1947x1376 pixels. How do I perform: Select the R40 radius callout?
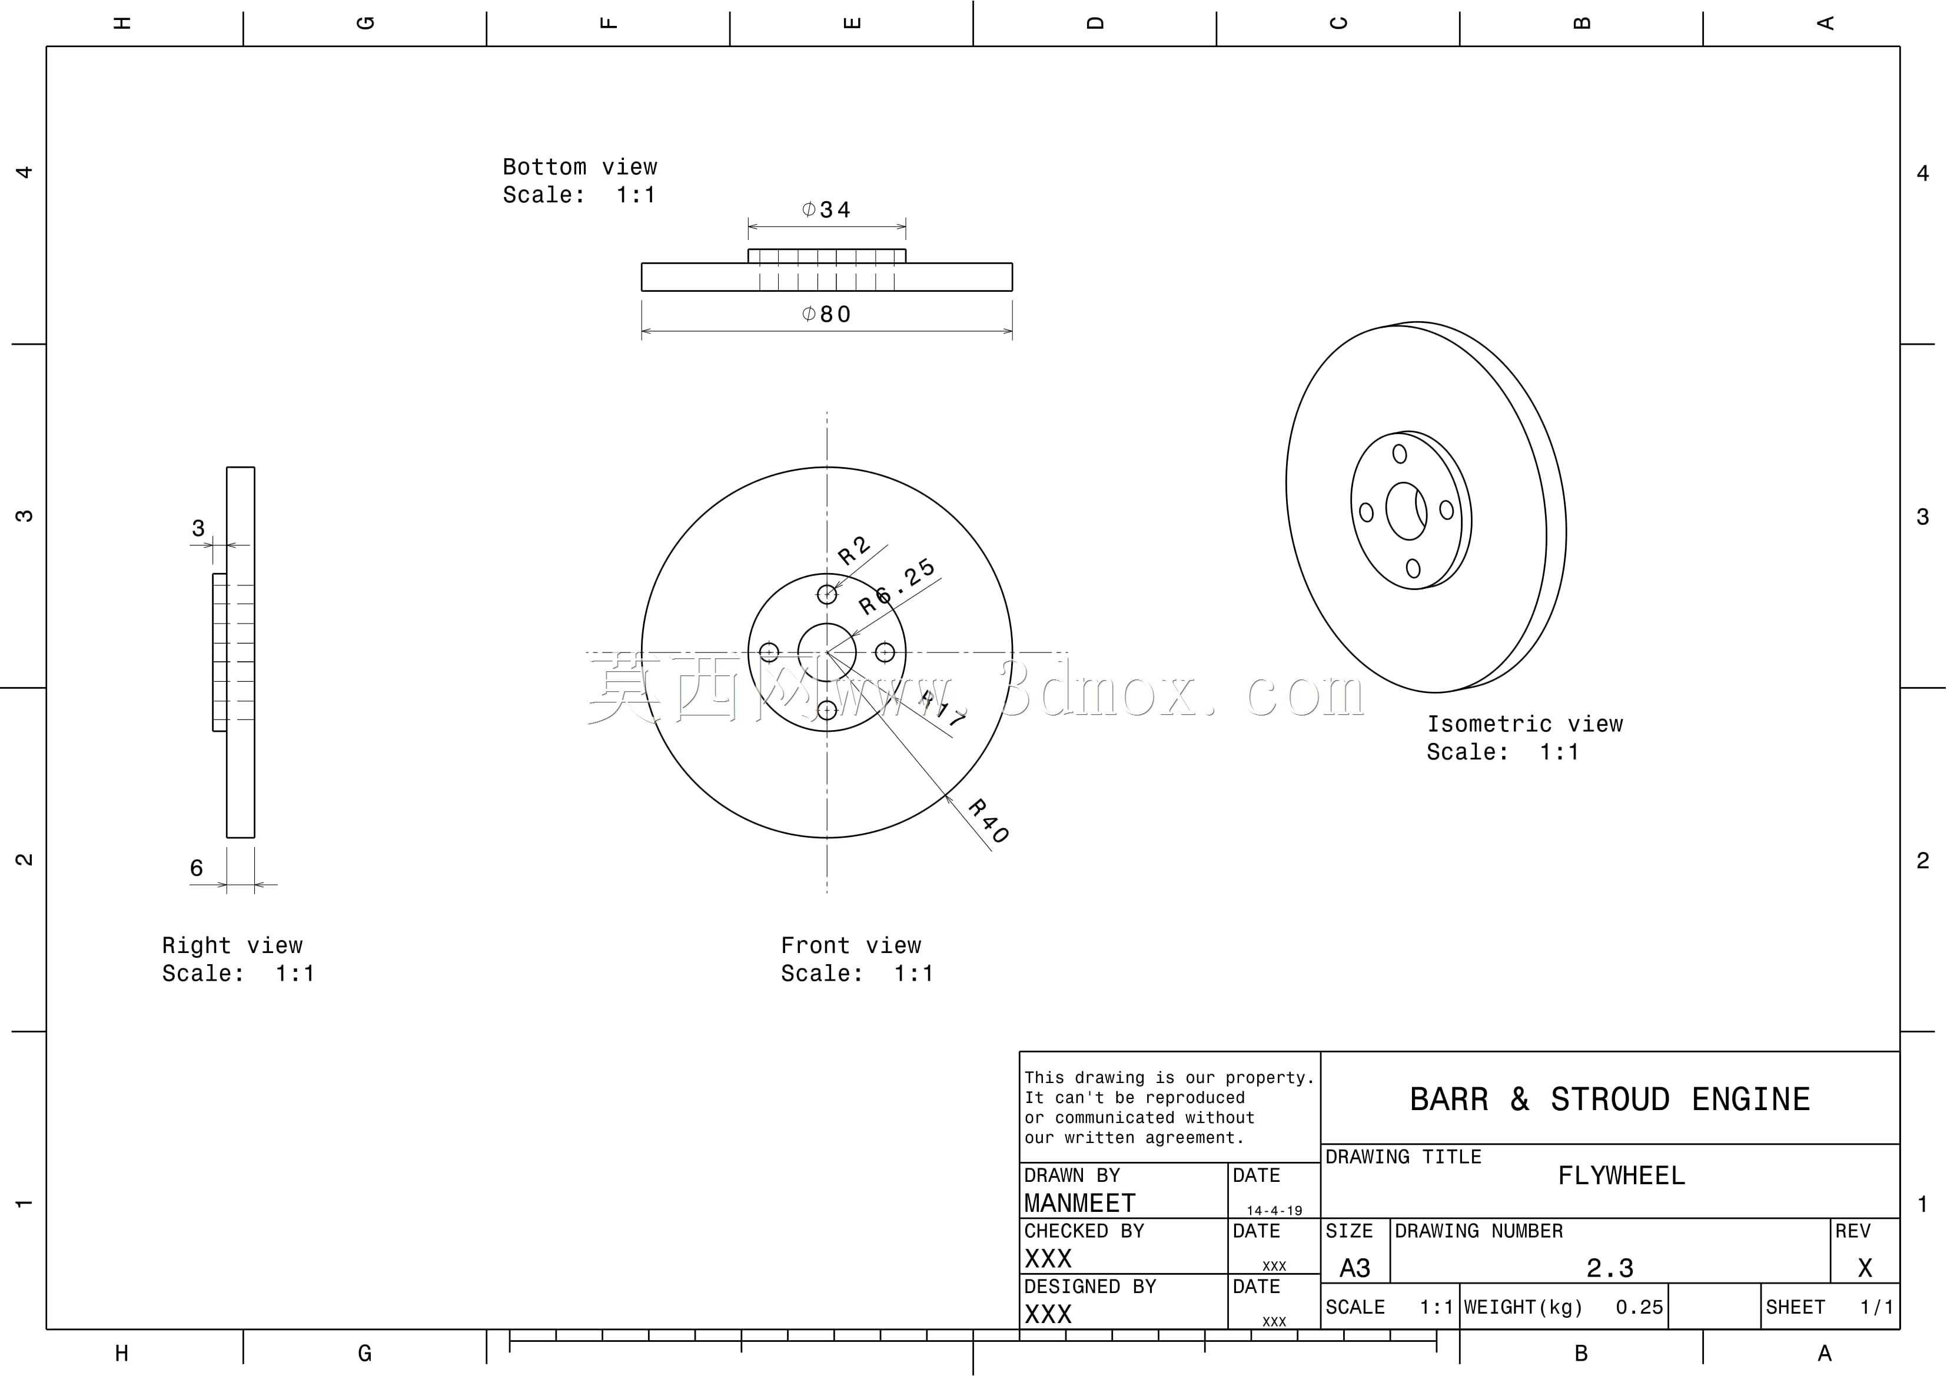click(989, 821)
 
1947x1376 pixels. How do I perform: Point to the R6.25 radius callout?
click(896, 587)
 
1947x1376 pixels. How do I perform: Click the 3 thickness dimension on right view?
click(198, 529)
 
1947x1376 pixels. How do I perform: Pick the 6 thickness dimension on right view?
click(197, 868)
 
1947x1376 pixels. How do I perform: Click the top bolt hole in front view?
click(827, 594)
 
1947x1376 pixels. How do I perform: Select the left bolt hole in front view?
click(769, 652)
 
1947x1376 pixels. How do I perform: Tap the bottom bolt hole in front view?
click(827, 709)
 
